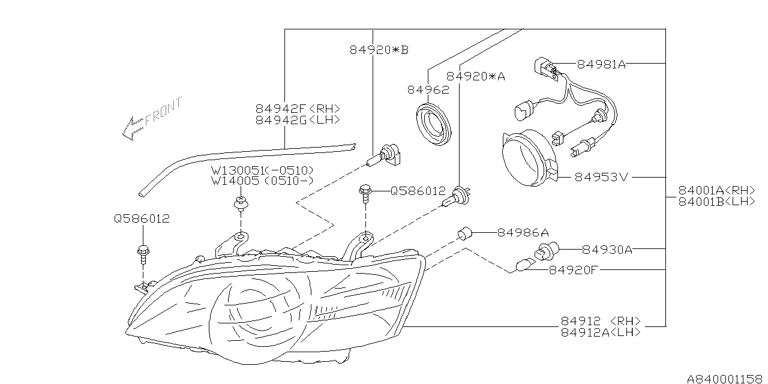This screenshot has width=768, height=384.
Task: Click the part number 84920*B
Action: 379,50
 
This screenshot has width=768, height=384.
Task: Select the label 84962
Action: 428,90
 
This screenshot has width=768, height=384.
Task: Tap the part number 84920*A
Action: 476,76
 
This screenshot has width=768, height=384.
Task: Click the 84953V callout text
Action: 602,178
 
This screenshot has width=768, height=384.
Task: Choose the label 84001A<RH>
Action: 716,190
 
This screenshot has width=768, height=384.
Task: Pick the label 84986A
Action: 523,232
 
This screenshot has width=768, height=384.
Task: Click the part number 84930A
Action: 607,249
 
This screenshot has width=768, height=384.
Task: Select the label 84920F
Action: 574,270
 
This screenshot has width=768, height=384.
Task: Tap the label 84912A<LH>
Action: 601,332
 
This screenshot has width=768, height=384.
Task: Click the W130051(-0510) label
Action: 262,170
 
